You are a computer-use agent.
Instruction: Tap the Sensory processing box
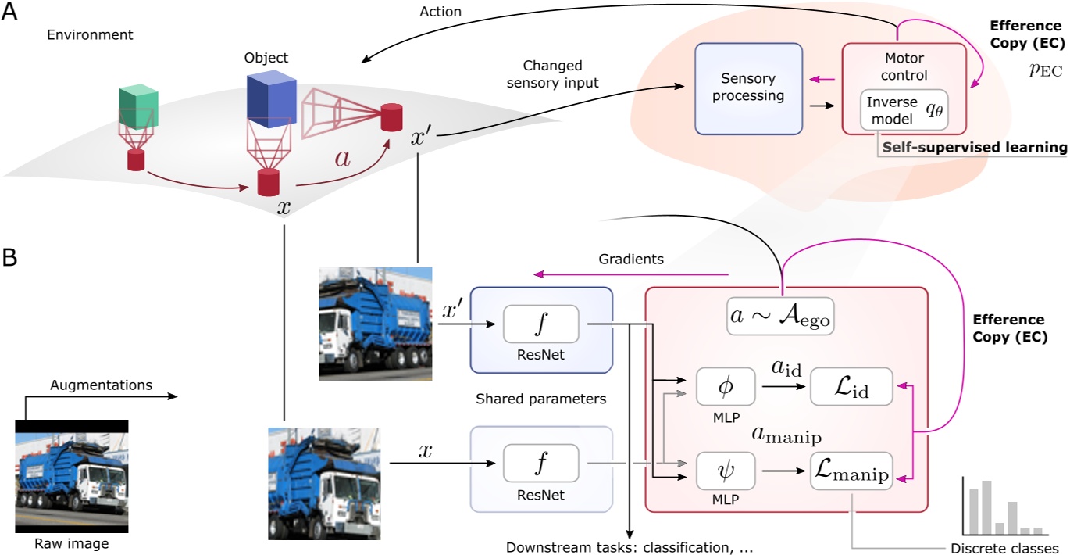[748, 88]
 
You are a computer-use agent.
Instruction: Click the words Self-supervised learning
[973, 147]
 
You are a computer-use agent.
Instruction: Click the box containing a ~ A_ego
[779, 317]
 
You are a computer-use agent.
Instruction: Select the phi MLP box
[726, 387]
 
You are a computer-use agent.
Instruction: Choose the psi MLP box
[726, 471]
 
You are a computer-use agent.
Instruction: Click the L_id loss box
[851, 387]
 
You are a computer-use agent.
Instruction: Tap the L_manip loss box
[851, 471]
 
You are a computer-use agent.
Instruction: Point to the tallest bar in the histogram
[986, 507]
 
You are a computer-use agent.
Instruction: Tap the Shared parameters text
[540, 399]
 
